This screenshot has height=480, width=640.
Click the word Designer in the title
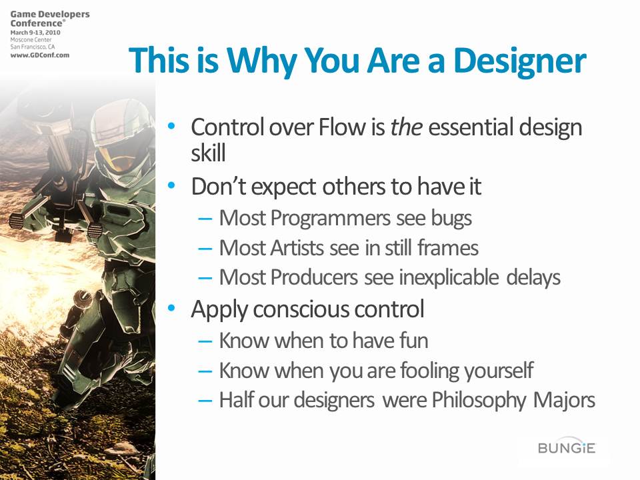[520, 61]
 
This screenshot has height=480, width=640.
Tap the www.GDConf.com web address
[40, 55]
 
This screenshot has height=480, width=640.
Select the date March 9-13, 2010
[35, 32]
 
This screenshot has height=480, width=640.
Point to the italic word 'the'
[406, 127]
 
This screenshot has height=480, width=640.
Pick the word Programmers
[330, 219]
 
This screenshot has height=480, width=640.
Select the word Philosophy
[479, 401]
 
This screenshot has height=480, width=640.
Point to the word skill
[208, 153]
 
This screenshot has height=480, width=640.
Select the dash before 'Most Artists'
[205, 249]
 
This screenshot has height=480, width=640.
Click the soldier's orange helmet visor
[109, 159]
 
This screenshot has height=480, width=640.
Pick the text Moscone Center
[31, 39]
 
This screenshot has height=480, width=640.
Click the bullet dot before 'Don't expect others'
[171, 186]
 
